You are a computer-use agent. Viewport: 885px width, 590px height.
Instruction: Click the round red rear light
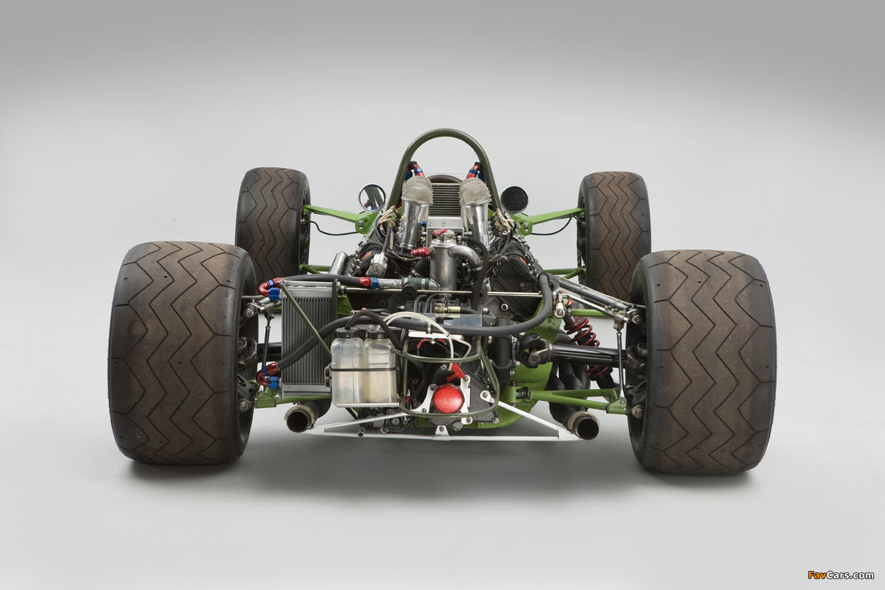tap(448, 398)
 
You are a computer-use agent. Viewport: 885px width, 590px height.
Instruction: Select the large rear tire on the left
tap(182, 352)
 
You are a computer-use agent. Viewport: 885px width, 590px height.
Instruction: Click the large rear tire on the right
tap(701, 361)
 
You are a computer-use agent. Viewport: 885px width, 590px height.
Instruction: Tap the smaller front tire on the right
tap(614, 233)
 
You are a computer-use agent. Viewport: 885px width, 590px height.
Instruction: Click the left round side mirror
tap(372, 198)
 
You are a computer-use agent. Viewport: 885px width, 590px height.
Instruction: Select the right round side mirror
tap(514, 200)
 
